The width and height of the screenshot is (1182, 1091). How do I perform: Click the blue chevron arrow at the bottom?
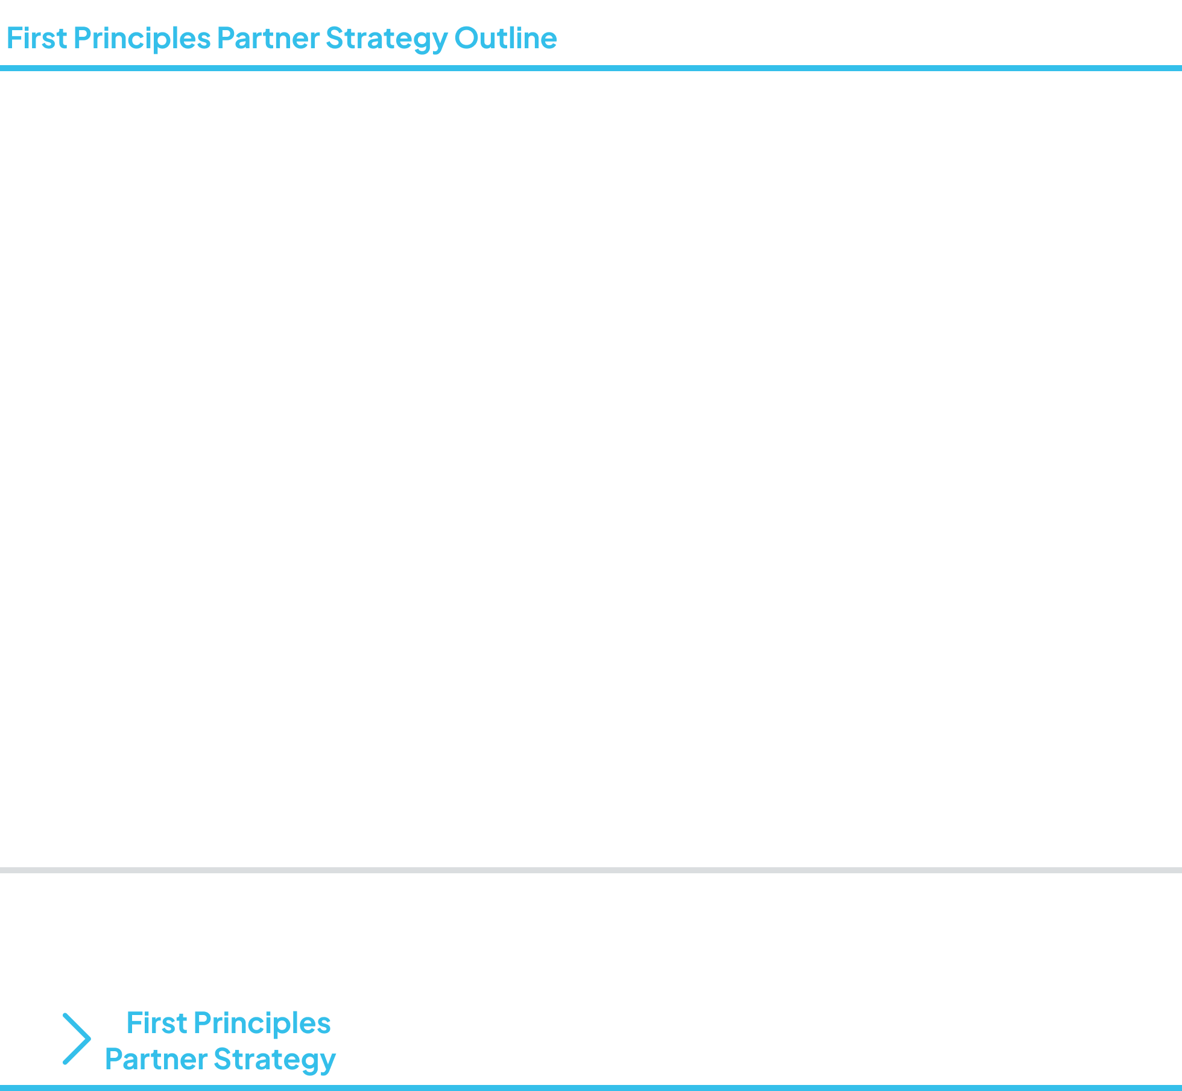coord(77,1039)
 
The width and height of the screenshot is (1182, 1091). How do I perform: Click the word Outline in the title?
coord(505,38)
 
